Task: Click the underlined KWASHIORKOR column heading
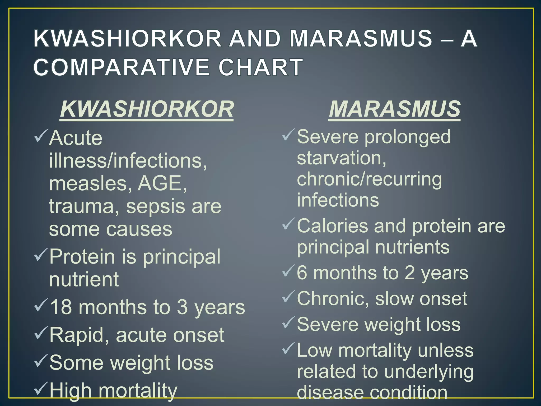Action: tap(147, 109)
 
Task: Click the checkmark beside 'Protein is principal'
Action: tap(41, 254)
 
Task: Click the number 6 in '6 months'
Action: tap(302, 273)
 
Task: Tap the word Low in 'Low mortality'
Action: tap(314, 350)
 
